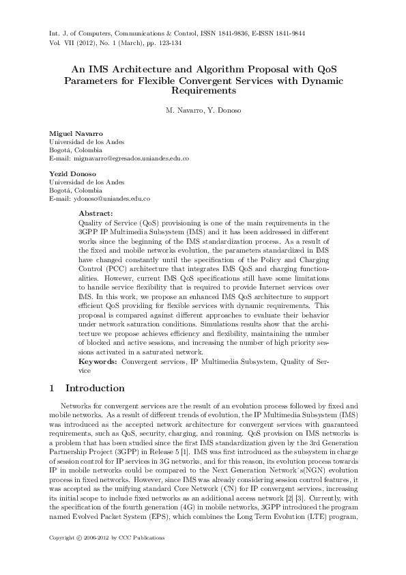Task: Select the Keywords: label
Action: tap(99, 360)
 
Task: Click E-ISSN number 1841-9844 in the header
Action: tap(285, 33)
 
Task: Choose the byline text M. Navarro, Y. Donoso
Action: tap(203, 110)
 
